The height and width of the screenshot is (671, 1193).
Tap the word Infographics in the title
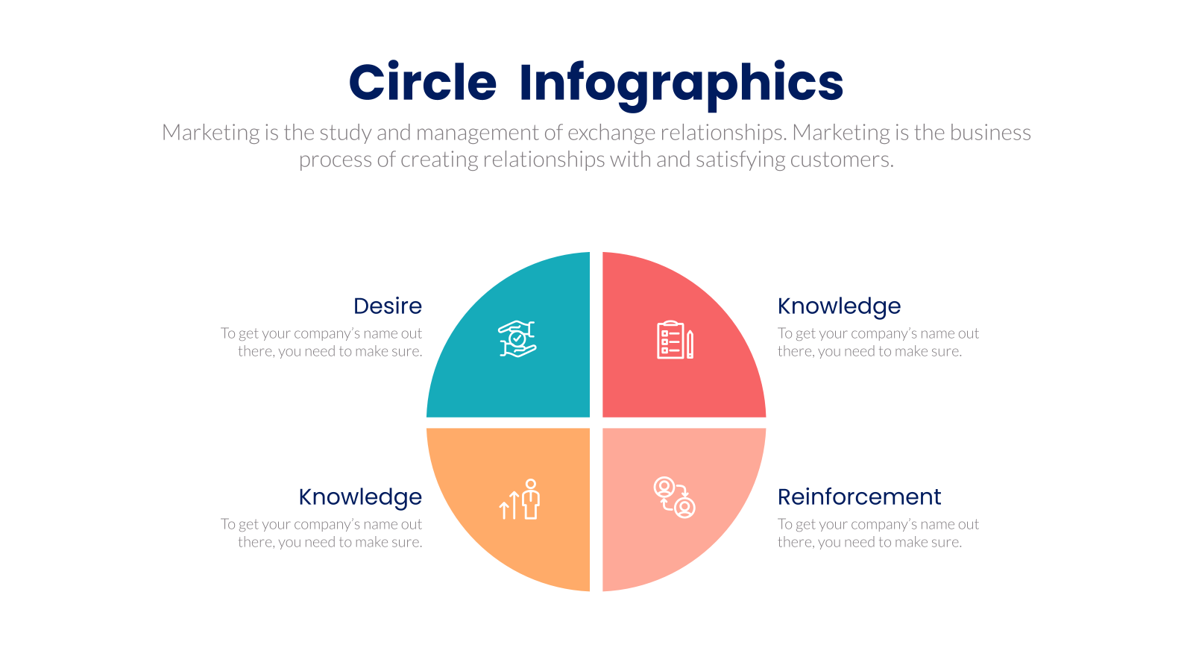click(682, 85)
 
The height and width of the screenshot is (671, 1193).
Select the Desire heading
click(388, 306)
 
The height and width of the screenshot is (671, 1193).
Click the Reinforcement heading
click(859, 497)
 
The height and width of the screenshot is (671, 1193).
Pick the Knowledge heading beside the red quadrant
click(839, 307)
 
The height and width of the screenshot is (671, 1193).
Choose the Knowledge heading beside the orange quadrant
click(360, 498)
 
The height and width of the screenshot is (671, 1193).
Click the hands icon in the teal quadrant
click(517, 338)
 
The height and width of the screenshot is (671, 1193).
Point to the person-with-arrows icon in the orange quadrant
click(519, 499)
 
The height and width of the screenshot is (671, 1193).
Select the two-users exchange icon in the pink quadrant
click(674, 497)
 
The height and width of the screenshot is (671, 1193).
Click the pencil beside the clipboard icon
click(690, 344)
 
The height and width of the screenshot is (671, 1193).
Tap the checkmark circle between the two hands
click(517, 338)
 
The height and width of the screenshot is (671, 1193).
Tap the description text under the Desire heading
click(321, 342)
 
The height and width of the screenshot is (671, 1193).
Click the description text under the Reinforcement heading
click(878, 533)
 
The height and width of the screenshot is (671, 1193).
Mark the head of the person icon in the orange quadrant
click(530, 484)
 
